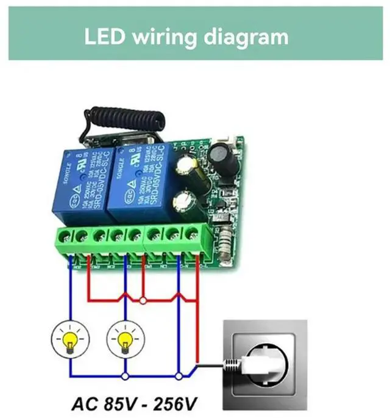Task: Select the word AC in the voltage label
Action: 85,404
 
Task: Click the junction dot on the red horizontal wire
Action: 142,300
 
